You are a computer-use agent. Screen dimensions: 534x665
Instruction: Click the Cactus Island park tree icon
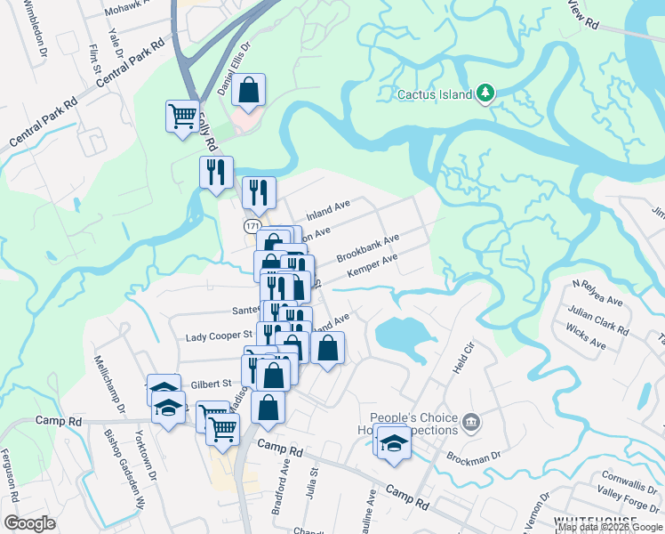click(x=485, y=93)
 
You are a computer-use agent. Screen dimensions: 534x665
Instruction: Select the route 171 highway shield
click(x=253, y=228)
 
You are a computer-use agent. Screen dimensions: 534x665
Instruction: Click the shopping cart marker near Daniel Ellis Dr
click(x=182, y=117)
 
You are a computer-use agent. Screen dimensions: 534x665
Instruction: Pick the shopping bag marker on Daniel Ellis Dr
click(x=250, y=90)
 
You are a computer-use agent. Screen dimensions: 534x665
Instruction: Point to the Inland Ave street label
click(x=328, y=211)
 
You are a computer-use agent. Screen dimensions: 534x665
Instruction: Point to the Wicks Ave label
click(x=586, y=338)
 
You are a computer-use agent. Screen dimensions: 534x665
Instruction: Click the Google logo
click(x=30, y=523)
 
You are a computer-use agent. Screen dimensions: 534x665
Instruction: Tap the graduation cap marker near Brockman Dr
click(x=391, y=442)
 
